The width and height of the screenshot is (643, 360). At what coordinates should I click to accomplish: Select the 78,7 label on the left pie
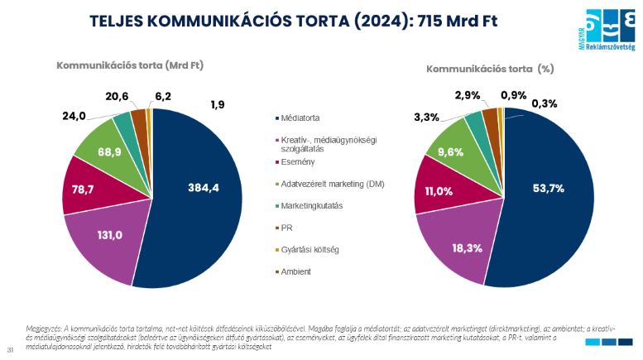[81, 190]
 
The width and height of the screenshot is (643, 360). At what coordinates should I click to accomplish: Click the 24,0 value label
[74, 116]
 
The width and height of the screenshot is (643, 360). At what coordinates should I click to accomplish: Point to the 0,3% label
[545, 103]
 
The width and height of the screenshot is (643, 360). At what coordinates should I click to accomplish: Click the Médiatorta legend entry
[302, 117]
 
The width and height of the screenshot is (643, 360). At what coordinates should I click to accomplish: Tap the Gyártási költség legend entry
[310, 249]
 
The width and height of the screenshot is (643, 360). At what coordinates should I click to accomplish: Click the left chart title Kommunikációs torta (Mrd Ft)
[130, 65]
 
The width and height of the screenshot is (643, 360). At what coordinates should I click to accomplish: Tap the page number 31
[10, 348]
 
